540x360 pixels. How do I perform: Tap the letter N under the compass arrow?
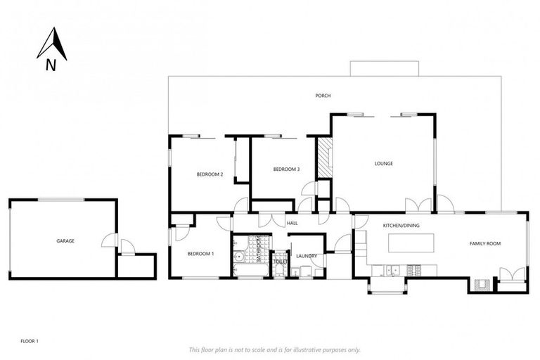51,66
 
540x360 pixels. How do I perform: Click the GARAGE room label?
65,241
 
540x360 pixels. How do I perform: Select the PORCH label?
323,96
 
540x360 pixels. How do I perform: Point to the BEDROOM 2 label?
210,174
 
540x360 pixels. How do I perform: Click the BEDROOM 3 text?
286,169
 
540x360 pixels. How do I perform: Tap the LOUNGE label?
383,164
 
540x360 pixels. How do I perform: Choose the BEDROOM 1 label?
200,253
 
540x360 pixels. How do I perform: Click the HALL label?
292,223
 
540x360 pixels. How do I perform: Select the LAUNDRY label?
307,256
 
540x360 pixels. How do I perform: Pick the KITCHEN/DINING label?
401,226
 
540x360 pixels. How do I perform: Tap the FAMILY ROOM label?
484,243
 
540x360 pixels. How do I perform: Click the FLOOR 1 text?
29,341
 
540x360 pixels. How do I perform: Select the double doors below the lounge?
418,206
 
